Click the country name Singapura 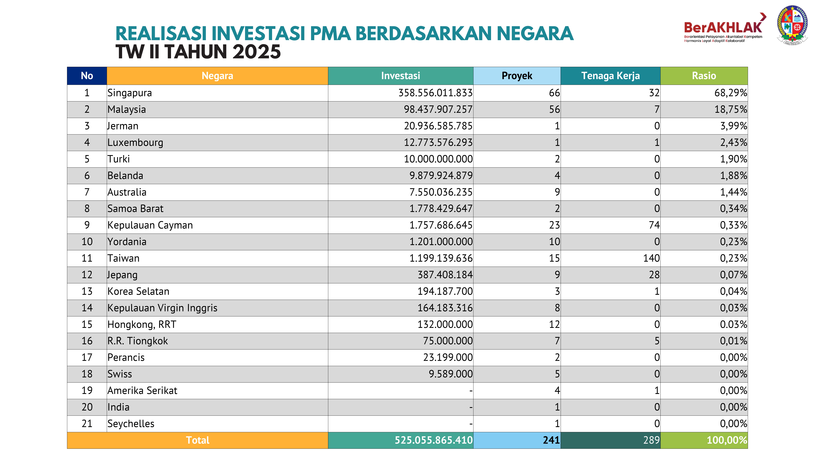pyautogui.click(x=130, y=93)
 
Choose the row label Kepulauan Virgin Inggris pyautogui.click(x=162, y=308)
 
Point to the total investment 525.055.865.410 pyautogui.click(x=433, y=440)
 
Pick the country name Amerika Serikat pyautogui.click(x=142, y=391)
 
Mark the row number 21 pyautogui.click(x=87, y=424)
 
